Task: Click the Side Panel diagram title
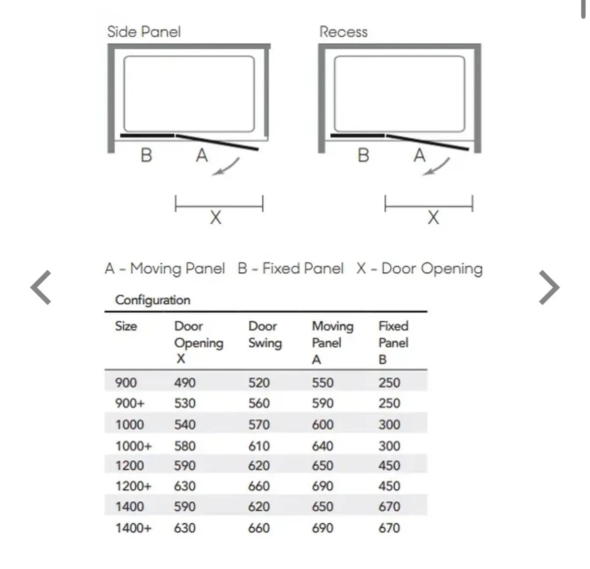pyautogui.click(x=144, y=32)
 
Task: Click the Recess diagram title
pyautogui.click(x=343, y=32)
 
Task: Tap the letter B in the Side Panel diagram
pyautogui.click(x=146, y=155)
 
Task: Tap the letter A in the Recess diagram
pyautogui.click(x=419, y=155)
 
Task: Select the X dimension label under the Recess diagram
pyautogui.click(x=433, y=217)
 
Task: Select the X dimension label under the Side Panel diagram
pyautogui.click(x=215, y=217)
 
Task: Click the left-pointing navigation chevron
pyautogui.click(x=41, y=287)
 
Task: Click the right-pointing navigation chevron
pyautogui.click(x=549, y=287)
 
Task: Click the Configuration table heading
pyautogui.click(x=152, y=300)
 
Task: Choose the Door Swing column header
pyautogui.click(x=265, y=334)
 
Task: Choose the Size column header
pyautogui.click(x=126, y=326)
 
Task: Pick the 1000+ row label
pyautogui.click(x=133, y=446)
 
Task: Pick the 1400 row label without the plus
pyautogui.click(x=129, y=507)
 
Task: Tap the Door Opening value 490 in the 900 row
pyautogui.click(x=185, y=383)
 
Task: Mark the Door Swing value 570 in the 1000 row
pyautogui.click(x=259, y=424)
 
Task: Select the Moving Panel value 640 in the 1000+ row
pyautogui.click(x=323, y=446)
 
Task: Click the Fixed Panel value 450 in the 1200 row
pyautogui.click(x=389, y=465)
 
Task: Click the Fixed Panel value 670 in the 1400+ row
pyautogui.click(x=389, y=528)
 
